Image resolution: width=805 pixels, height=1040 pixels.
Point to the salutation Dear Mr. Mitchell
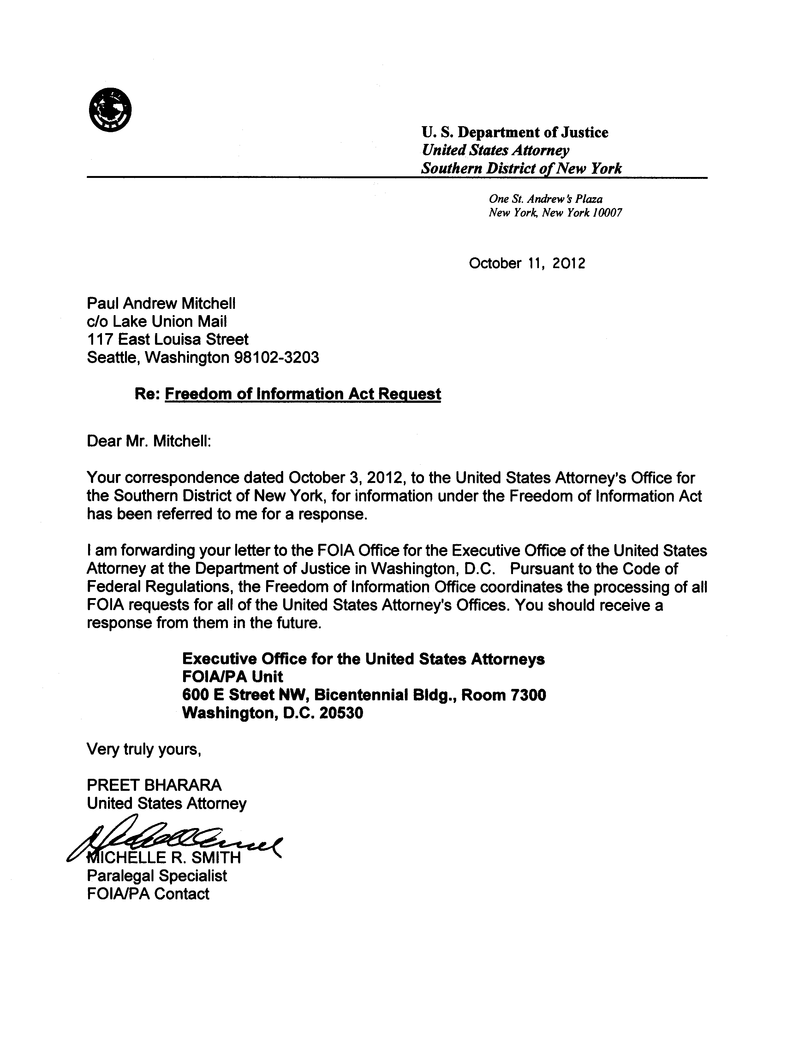[149, 441]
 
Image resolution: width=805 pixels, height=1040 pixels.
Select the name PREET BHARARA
[154, 785]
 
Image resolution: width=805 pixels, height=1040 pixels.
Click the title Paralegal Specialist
[157, 876]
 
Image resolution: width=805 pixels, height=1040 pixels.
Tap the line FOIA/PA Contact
[148, 894]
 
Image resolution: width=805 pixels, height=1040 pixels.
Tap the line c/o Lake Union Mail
[157, 321]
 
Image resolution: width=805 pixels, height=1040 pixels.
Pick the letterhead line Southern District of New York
[522, 168]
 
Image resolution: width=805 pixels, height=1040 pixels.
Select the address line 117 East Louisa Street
[167, 339]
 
